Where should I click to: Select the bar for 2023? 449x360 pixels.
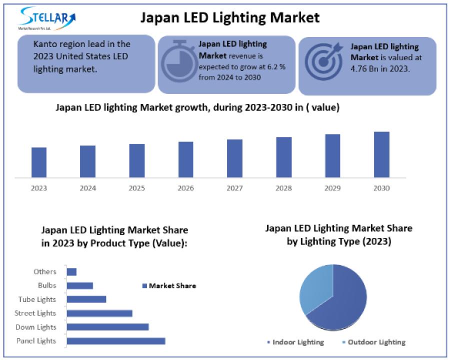tap(39, 162)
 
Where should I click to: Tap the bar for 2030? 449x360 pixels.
tap(381, 154)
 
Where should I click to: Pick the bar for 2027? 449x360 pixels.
tap(234, 158)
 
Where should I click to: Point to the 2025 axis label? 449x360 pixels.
tap(136, 188)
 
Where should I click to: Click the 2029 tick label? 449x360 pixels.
tap(332, 188)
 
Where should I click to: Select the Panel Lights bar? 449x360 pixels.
tap(115, 341)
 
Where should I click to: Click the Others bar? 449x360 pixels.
tap(71, 272)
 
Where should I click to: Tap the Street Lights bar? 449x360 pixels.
tap(99, 313)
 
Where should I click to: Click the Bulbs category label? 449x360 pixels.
tap(47, 286)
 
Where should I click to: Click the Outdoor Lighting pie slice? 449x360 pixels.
tap(314, 287)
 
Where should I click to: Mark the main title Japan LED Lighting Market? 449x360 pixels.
tap(229, 17)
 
